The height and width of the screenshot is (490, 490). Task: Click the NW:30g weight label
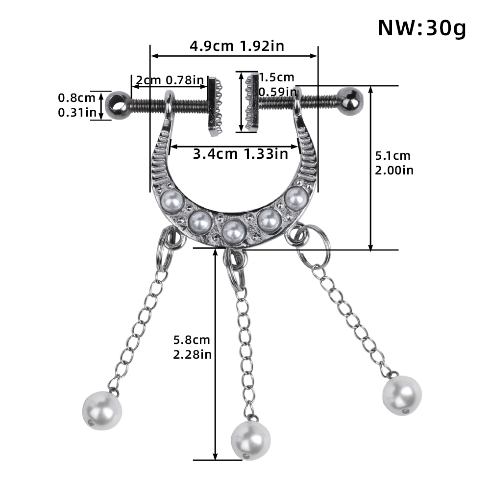point(421,28)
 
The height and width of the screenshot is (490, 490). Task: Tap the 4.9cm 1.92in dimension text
point(237,46)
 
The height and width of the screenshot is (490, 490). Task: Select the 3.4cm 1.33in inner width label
point(240,154)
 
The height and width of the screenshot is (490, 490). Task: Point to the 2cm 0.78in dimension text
point(170,80)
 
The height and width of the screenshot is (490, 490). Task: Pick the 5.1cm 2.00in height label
point(394,163)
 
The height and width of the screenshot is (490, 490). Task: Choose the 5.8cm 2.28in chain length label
point(192,347)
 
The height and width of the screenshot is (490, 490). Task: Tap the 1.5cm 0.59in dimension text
point(277,84)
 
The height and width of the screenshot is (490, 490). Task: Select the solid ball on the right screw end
point(351,99)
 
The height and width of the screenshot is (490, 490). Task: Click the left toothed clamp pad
point(215,106)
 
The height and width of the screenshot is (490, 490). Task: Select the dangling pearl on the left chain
point(101,410)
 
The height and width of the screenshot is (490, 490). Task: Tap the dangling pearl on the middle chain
point(250,439)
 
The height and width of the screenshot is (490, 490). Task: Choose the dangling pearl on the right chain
point(402,395)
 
